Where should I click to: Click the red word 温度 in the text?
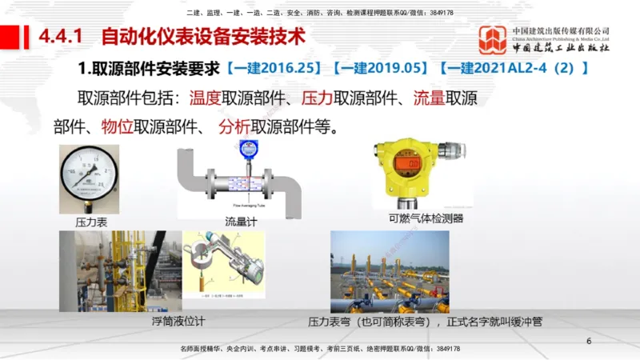[x=205, y=99]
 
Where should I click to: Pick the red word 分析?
[x=234, y=126]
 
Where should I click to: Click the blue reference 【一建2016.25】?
[x=274, y=68]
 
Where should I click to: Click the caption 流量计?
[x=240, y=222]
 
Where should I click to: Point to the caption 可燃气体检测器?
[x=426, y=218]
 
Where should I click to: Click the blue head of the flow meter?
[x=250, y=146]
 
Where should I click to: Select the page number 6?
[x=590, y=342]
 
